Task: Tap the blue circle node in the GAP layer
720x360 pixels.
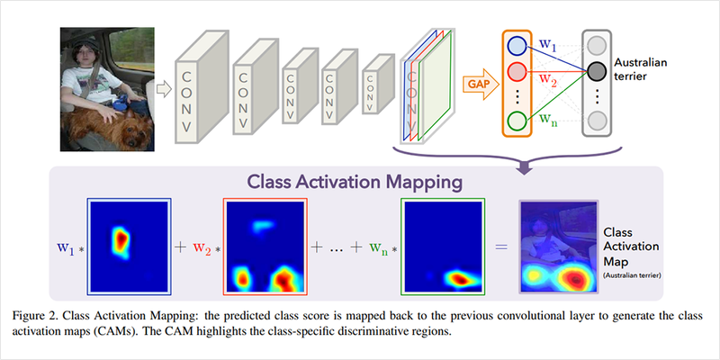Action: point(517,46)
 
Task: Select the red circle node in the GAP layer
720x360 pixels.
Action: point(517,73)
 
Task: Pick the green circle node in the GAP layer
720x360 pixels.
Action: point(517,121)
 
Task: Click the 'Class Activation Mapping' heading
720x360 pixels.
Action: point(359,182)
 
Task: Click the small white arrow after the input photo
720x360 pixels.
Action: point(162,88)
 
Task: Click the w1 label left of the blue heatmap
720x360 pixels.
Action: point(64,246)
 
